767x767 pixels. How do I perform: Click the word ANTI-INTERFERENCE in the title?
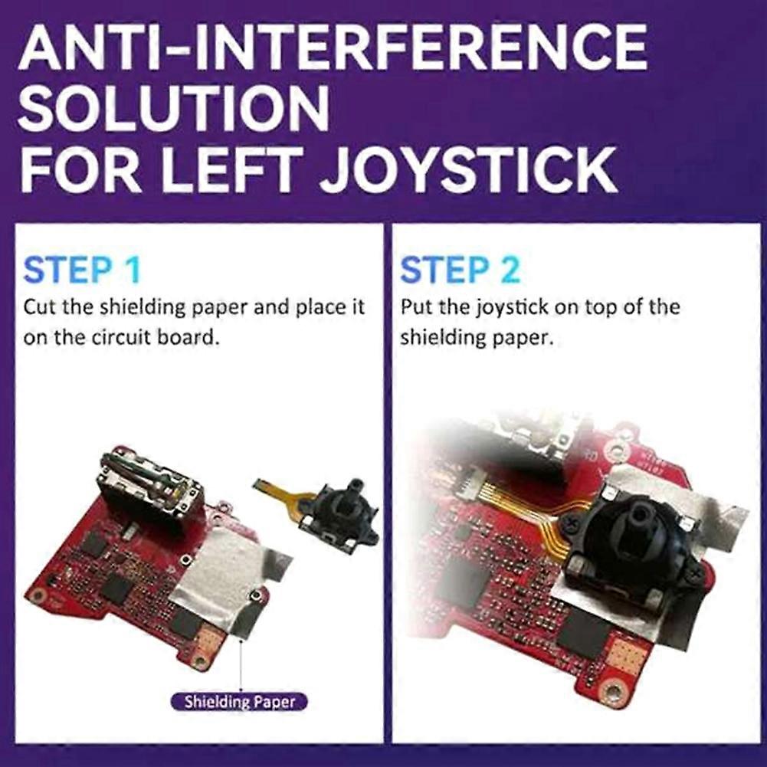pyautogui.click(x=333, y=48)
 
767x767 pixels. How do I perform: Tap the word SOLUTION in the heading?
pyautogui.click(x=174, y=109)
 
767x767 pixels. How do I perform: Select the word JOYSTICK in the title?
pyautogui.click(x=469, y=169)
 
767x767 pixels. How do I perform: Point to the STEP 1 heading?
pyautogui.click(x=82, y=270)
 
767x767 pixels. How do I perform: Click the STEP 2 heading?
pyautogui.click(x=460, y=270)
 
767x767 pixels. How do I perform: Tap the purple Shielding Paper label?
pyautogui.click(x=240, y=702)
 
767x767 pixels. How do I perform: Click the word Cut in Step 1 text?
pyautogui.click(x=41, y=307)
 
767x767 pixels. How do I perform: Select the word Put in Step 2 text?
pyautogui.click(x=417, y=307)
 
